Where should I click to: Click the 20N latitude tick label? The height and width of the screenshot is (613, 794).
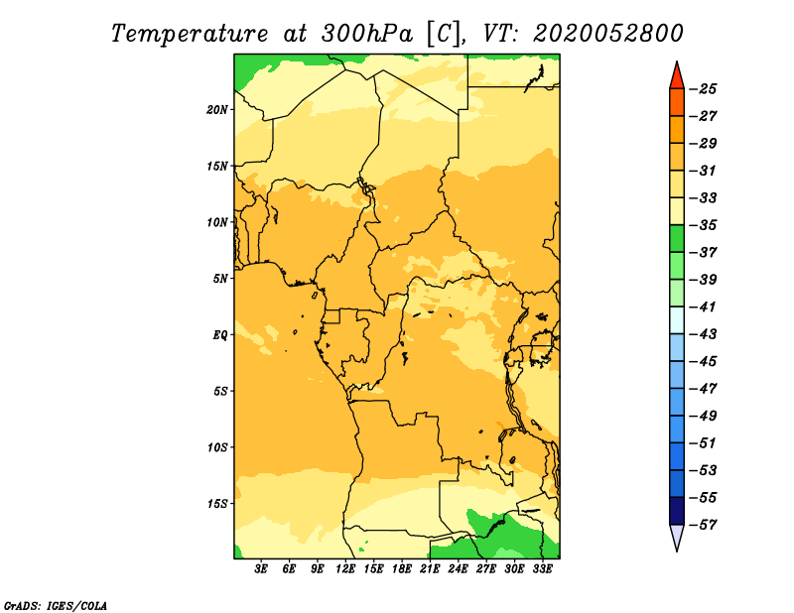(x=217, y=110)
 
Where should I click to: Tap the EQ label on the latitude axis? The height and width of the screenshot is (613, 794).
(x=220, y=335)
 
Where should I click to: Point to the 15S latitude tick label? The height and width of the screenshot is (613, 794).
(x=217, y=504)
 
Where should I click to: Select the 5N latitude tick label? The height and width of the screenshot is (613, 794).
(x=220, y=279)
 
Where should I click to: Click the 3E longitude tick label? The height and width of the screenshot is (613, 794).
(x=261, y=569)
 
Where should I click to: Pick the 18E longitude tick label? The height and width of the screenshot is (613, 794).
(x=402, y=569)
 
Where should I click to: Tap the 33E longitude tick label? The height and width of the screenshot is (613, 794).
(x=542, y=569)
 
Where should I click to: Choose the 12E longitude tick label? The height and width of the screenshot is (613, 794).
(x=345, y=569)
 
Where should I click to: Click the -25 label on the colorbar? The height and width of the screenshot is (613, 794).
(x=704, y=89)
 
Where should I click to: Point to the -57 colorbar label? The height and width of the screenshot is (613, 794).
(x=704, y=525)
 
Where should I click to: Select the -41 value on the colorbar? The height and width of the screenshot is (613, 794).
(x=704, y=306)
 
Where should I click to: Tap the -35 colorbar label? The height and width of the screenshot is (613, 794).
(x=704, y=225)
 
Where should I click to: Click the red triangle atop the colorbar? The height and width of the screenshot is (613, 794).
(x=677, y=76)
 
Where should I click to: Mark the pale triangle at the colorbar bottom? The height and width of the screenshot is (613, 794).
(x=677, y=536)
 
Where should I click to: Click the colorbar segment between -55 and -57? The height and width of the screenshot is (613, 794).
(x=677, y=511)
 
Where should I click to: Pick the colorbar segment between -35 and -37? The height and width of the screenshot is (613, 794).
(x=677, y=239)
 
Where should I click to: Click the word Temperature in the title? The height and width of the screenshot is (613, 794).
(x=190, y=34)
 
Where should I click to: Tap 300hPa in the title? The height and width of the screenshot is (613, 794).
(x=367, y=34)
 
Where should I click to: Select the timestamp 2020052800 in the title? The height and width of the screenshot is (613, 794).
(x=608, y=34)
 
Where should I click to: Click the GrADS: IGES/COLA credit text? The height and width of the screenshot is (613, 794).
(x=56, y=606)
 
